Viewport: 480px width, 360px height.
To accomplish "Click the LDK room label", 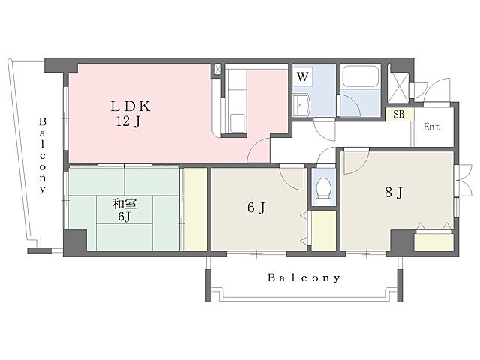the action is (x=130, y=106).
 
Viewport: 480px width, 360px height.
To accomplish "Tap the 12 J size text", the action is (x=128, y=121).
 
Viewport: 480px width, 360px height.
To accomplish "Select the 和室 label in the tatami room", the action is (x=124, y=203).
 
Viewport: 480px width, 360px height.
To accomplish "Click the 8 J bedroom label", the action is (x=394, y=193).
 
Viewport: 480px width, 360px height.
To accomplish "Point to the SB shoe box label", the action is (x=398, y=114).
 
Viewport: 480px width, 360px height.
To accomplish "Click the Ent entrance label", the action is (x=432, y=127).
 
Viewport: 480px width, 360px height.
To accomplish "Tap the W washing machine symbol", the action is (x=303, y=76).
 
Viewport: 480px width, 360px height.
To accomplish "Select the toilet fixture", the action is (x=323, y=190).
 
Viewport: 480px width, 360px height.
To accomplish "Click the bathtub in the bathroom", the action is (x=360, y=76).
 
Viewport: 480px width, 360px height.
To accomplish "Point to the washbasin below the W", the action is (x=301, y=105).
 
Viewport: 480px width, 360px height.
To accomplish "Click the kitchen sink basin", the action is (x=237, y=123).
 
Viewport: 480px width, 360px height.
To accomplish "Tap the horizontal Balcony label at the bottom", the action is (x=304, y=277).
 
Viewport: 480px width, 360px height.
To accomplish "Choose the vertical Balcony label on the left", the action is (x=42, y=155).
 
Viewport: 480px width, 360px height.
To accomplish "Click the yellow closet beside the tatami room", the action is (x=195, y=209).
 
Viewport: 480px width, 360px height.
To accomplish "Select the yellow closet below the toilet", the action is (x=323, y=231).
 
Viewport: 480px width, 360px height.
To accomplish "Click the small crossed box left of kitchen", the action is (x=217, y=69).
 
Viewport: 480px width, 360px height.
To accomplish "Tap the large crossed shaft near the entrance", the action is (x=398, y=87).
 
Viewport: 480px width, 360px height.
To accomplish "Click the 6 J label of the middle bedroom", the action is (x=256, y=208).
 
